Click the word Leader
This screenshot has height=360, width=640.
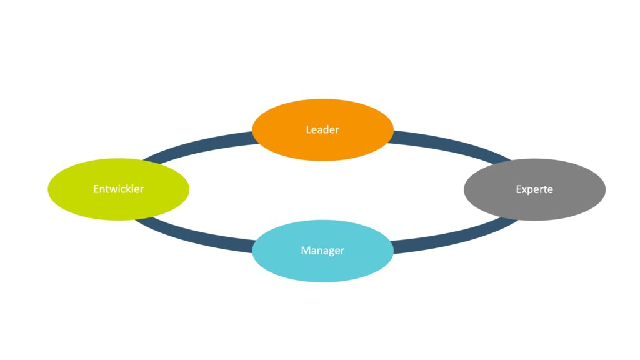pyautogui.click(x=322, y=129)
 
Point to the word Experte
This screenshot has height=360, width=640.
pyautogui.click(x=534, y=189)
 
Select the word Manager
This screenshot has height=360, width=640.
pyautogui.click(x=322, y=251)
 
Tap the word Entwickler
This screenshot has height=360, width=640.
pyautogui.click(x=118, y=189)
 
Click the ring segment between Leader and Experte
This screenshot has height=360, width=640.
pyautogui.click(x=450, y=143)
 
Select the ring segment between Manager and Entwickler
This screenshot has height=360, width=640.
pyautogui.click(x=194, y=236)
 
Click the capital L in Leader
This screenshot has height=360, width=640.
pyautogui.click(x=308, y=129)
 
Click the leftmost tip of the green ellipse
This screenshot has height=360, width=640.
pyautogui.click(x=49, y=189)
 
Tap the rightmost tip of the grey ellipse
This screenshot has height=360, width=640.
pyautogui.click(x=605, y=189)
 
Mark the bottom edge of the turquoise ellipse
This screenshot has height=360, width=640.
pyautogui.click(x=322, y=281)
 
